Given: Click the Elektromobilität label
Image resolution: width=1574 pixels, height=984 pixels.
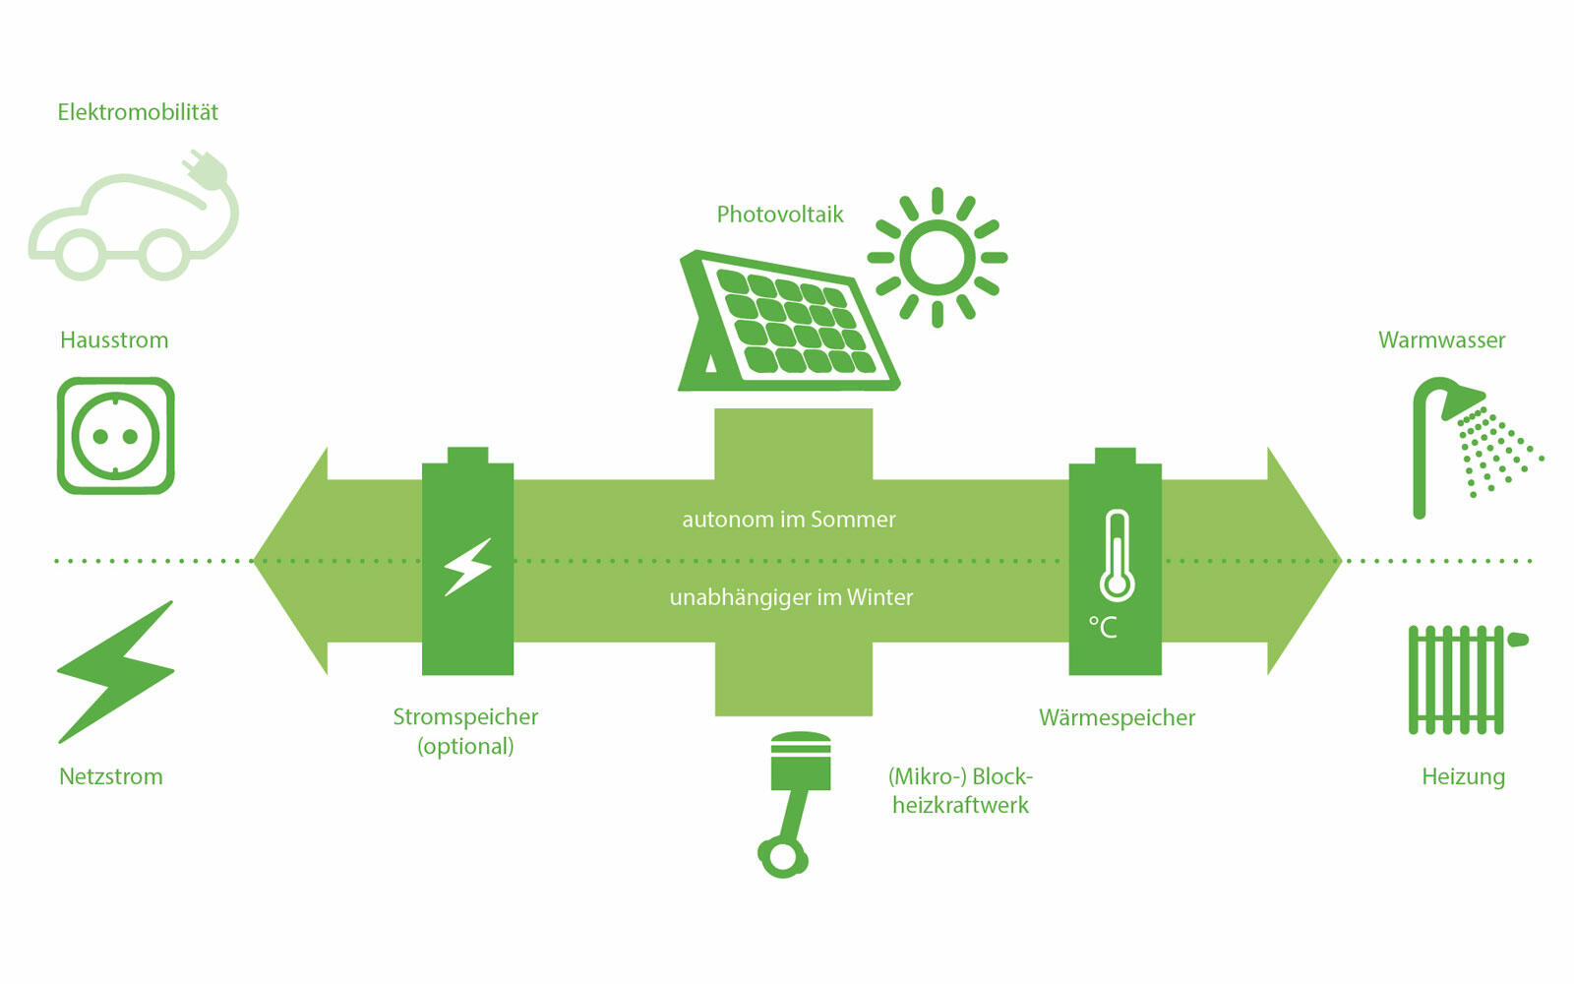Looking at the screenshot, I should click(x=138, y=112).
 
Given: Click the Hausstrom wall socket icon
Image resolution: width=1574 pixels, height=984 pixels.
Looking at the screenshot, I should click(x=116, y=436).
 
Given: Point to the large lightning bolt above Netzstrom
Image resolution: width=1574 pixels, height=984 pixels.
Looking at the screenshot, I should click(x=116, y=672).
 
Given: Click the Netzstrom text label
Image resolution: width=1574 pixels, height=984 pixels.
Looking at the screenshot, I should click(x=111, y=776).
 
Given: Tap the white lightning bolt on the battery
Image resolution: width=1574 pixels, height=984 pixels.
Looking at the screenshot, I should click(x=467, y=567).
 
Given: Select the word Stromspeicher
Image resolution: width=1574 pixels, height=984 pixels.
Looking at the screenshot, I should click(x=465, y=716).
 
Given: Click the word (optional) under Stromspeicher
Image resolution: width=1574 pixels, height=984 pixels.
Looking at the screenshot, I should click(x=465, y=746).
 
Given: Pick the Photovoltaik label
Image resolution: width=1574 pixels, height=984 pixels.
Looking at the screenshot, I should click(x=780, y=215).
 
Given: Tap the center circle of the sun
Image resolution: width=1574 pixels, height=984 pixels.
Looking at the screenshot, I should click(x=937, y=257).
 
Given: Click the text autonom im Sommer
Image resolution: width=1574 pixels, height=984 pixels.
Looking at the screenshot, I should click(x=789, y=520).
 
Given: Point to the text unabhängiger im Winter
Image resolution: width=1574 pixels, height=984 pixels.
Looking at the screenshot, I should click(x=791, y=597).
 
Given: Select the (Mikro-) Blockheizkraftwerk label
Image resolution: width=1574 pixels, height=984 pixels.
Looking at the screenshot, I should click(x=960, y=790).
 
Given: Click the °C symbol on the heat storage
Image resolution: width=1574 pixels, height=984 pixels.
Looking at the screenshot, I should click(x=1103, y=627).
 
